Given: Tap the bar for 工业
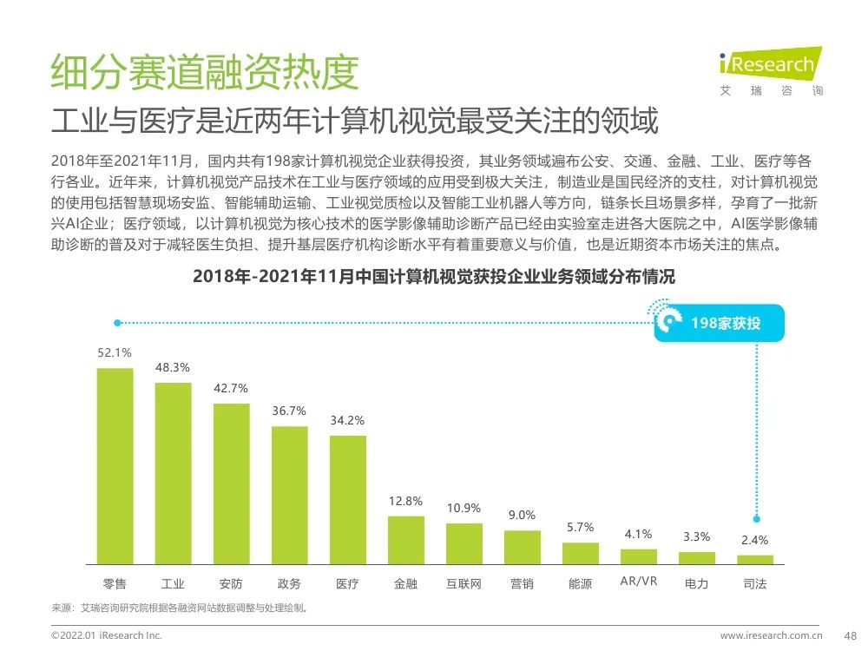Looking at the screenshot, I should [x=173, y=473].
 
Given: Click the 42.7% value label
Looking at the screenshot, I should [x=231, y=388].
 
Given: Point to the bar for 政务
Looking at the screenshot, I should [x=289, y=495].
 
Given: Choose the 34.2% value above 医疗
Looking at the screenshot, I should [x=347, y=420].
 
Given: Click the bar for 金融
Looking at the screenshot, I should [x=405, y=540].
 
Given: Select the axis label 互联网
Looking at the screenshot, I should [x=464, y=584].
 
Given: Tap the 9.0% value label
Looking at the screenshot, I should [x=522, y=515].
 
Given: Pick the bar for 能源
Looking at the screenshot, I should [x=580, y=553].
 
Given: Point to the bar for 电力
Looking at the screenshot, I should [x=696, y=557].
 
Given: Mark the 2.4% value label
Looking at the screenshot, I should [x=754, y=540].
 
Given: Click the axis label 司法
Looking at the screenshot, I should [x=754, y=584].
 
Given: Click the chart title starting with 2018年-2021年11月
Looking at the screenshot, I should [x=433, y=277].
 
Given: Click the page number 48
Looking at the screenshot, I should [x=851, y=635].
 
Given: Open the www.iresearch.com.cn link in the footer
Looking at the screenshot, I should [x=777, y=635].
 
